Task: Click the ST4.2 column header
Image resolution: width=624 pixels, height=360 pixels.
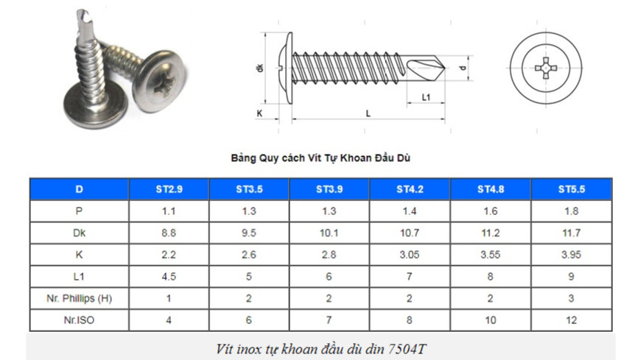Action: point(410,189)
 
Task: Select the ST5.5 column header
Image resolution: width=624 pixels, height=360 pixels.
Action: point(572,189)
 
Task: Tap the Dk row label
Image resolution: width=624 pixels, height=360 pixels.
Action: point(79,233)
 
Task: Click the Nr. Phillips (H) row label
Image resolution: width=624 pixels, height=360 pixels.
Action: point(79,298)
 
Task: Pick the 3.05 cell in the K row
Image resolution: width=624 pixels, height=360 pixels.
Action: point(410,255)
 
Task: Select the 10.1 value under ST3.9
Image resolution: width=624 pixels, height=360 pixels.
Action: point(329,233)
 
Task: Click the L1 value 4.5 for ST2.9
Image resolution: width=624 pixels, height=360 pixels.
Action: point(169,277)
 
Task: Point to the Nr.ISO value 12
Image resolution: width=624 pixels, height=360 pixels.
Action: point(572,320)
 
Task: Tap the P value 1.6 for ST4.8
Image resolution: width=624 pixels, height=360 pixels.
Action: point(491,211)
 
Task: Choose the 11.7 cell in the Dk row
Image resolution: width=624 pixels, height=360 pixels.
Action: point(572,233)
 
